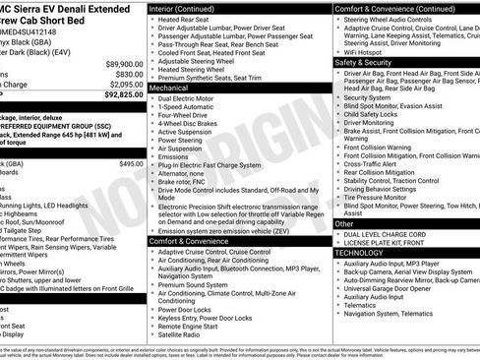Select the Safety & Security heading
(366, 61)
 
